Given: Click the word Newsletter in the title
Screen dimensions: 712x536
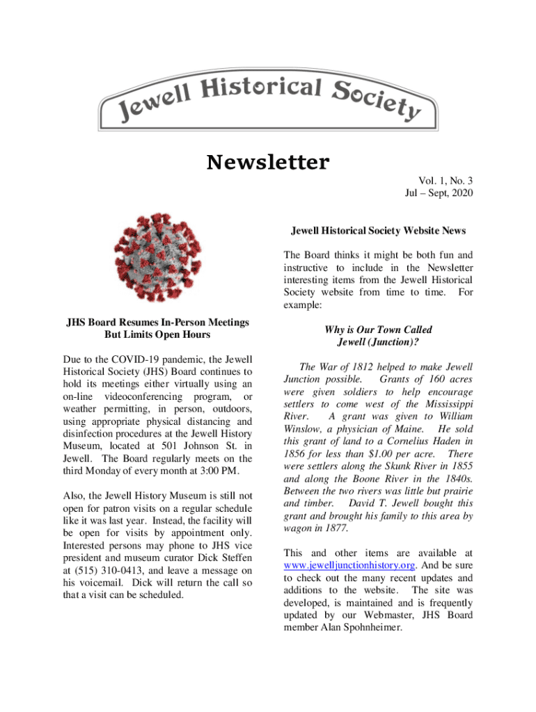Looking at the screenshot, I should pyautogui.click(x=268, y=163).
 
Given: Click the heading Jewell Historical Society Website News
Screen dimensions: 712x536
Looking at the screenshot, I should pyautogui.click(x=378, y=230).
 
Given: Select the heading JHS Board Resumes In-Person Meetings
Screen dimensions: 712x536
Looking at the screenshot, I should pyautogui.click(x=158, y=322).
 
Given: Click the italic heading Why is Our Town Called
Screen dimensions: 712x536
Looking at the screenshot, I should pyautogui.click(x=378, y=330).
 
